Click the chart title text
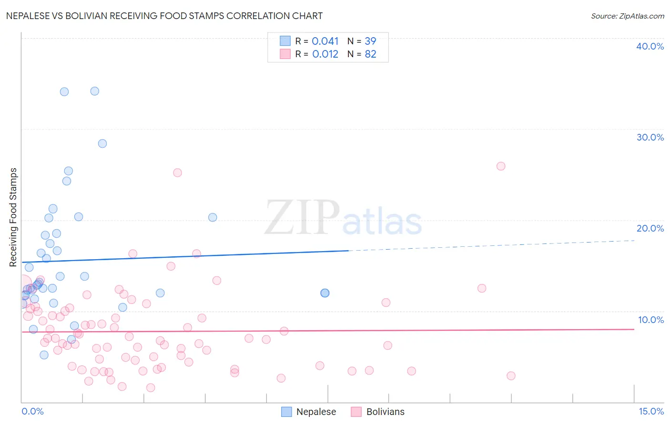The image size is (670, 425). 164,16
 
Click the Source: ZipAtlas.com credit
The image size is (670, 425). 627,16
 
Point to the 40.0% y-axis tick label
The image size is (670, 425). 650,46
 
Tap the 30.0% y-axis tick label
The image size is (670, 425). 650,137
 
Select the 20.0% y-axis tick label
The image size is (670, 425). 650,228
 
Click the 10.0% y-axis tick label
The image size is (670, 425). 650,320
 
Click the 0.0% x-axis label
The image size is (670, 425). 32,411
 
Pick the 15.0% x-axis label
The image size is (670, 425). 651,411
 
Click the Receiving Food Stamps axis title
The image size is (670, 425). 13,217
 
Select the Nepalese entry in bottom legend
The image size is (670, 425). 316,412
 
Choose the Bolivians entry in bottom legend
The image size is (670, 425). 385,412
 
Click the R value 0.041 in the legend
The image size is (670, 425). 325,41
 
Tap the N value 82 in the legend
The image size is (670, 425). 370,54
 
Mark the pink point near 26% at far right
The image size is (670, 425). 500,166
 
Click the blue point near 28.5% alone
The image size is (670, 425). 102,143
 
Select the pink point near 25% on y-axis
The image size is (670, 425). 177,172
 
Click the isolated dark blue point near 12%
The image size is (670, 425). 325,293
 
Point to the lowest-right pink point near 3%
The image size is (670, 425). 511,375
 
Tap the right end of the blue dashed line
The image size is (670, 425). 634,241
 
